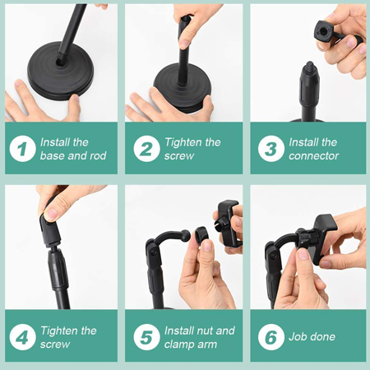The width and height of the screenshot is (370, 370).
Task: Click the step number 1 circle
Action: pos(22,149)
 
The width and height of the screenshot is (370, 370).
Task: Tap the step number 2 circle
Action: pos(146,149)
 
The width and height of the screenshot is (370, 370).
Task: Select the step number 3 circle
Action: pos(271,149)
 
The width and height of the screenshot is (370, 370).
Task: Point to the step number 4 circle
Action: pos(22,337)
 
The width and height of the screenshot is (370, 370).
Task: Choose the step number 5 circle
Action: pos(146,337)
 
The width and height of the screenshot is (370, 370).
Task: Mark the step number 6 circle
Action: pos(271,337)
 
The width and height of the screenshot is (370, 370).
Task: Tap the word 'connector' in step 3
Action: pos(314,156)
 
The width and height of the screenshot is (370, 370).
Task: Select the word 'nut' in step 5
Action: pos(200,331)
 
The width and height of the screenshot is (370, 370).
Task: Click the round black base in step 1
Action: pos(61,72)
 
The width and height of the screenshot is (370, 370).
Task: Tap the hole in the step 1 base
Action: pos(60,62)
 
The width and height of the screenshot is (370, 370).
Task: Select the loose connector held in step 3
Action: pos(333,35)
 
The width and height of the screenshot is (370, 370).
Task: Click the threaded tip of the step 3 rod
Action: pos(310,66)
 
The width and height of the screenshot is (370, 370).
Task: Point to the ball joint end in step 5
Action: pos(186,235)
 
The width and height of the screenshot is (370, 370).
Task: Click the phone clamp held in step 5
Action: pos(228,224)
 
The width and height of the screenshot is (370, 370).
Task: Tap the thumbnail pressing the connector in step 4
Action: pos(51,215)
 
